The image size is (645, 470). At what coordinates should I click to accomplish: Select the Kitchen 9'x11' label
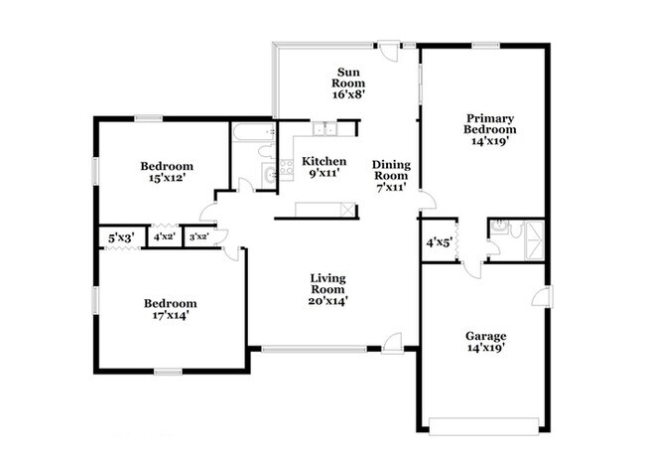tap(323, 167)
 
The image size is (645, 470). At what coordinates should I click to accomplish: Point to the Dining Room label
tap(391, 176)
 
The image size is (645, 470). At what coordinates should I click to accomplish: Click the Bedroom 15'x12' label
tap(166, 172)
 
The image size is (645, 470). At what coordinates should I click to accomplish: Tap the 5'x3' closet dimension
tap(120, 237)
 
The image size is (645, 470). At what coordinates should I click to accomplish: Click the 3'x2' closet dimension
tap(198, 237)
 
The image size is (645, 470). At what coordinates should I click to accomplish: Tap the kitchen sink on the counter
tap(324, 128)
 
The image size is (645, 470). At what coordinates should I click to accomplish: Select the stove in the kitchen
tap(286, 168)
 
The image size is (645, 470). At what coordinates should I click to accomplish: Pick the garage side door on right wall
tap(541, 296)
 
